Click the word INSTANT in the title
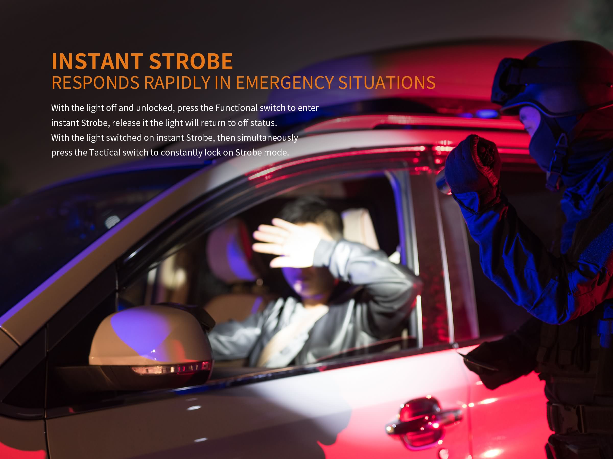coord(97,61)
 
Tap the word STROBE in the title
coord(191,61)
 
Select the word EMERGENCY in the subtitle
coord(285,82)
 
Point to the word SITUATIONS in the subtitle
coord(387,82)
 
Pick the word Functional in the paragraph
coord(236,108)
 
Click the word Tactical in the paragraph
coord(104,152)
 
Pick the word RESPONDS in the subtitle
coord(96,82)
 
